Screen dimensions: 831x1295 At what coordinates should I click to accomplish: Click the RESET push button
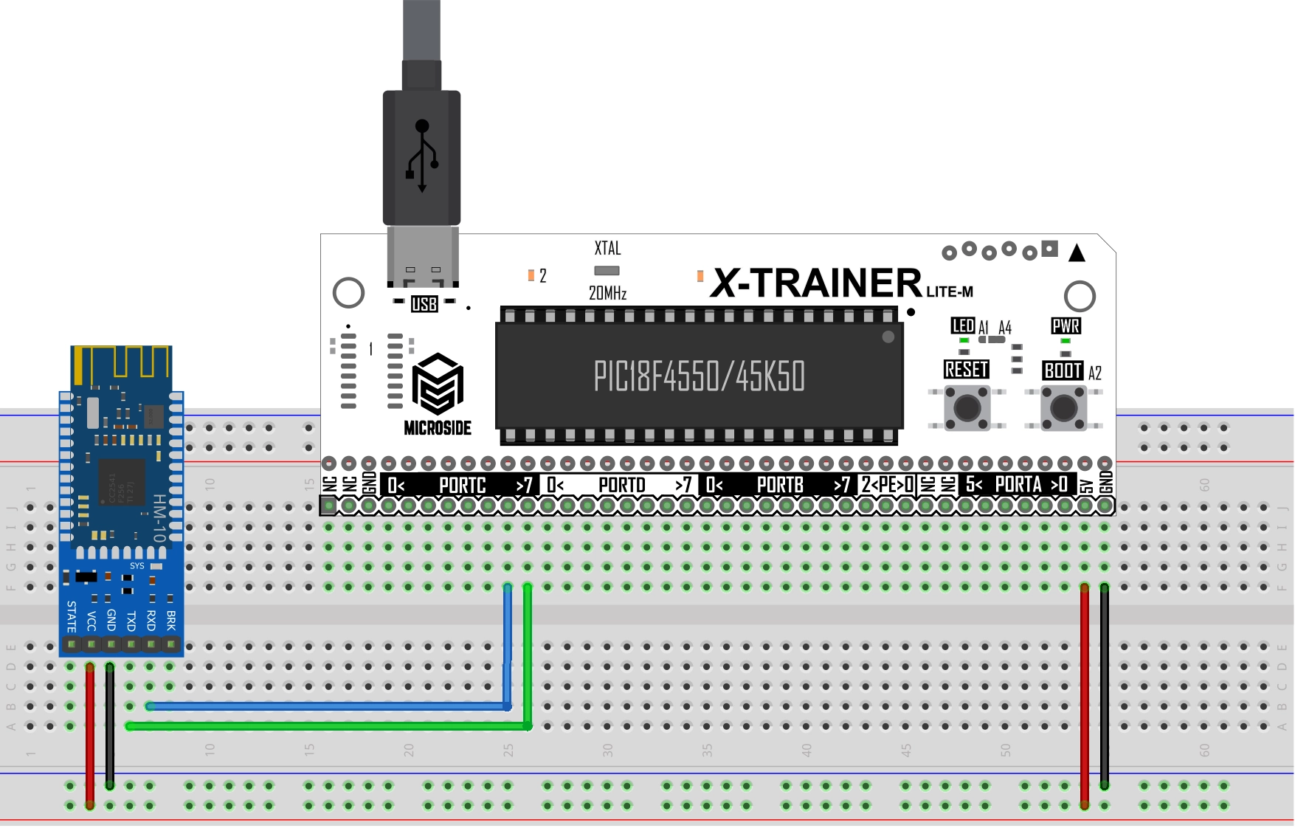pos(967,407)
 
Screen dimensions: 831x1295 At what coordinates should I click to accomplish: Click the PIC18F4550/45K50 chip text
pos(699,376)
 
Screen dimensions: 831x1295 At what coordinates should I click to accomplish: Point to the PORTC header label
pos(462,486)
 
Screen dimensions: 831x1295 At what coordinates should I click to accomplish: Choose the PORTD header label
pos(621,486)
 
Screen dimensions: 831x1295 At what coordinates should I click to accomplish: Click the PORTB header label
pos(780,486)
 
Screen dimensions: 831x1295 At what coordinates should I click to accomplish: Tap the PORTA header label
pos(1018,485)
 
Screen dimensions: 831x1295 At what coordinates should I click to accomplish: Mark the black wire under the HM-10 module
pos(110,727)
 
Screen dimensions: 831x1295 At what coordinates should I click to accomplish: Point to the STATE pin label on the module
pos(72,617)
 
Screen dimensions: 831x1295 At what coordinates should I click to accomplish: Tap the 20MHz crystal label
pos(607,294)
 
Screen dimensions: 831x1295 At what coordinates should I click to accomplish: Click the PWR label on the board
pos(1066,326)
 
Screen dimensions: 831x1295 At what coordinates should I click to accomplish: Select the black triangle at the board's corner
pos(1077,253)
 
